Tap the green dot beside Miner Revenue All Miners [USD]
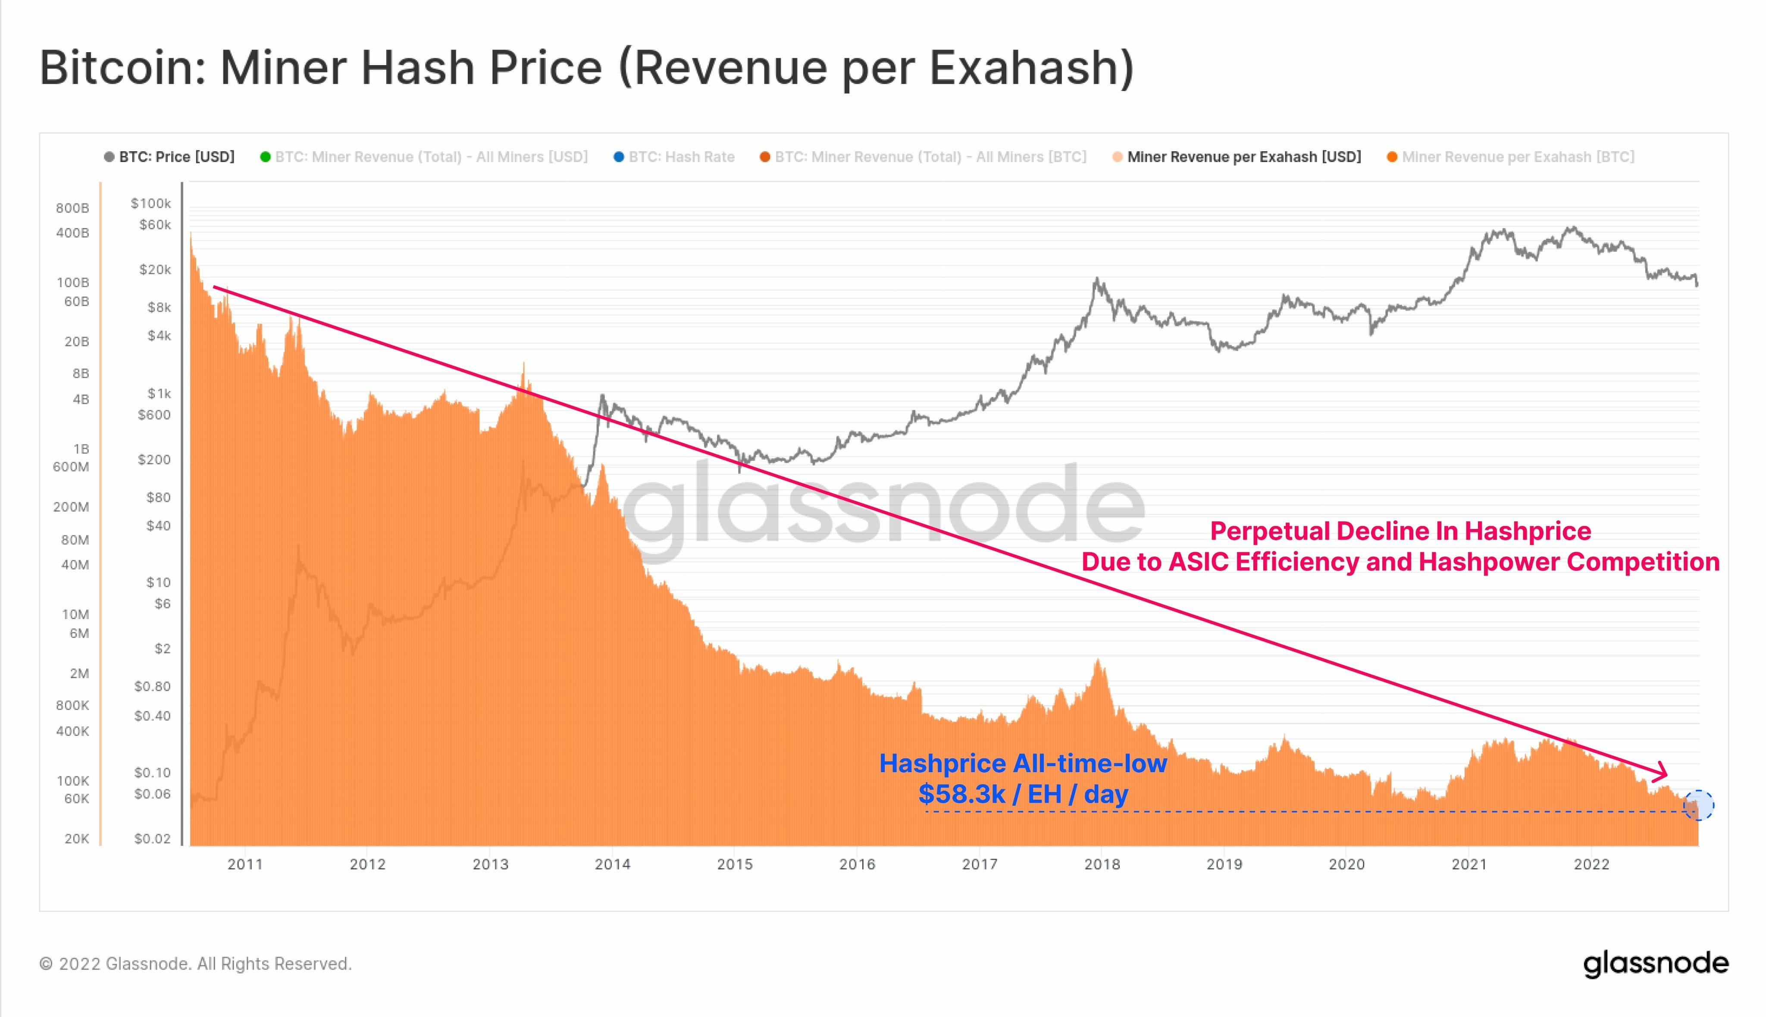click(265, 156)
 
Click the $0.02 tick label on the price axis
click(152, 838)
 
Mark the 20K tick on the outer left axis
click(76, 838)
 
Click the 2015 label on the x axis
click(735, 864)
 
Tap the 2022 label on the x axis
click(1591, 864)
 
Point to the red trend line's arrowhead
click(1661, 773)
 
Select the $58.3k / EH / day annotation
click(1023, 794)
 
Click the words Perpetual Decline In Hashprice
click(1400, 531)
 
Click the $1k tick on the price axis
click(159, 393)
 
